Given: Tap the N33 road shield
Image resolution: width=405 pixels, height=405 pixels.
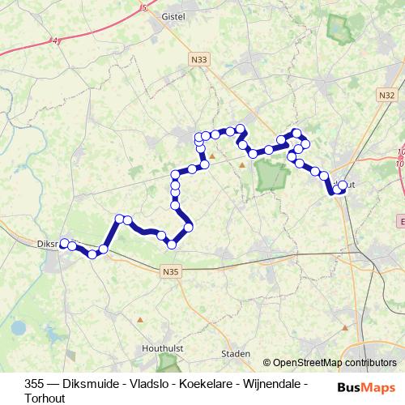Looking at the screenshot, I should point(200,59).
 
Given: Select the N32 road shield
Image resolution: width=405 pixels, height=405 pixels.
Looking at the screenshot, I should point(386,95).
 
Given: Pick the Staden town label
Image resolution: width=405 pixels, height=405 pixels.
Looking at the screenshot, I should point(237,354).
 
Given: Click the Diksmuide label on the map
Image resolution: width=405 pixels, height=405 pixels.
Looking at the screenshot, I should point(49,242).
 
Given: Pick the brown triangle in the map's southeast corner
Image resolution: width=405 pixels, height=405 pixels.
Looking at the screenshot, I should point(347,328).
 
